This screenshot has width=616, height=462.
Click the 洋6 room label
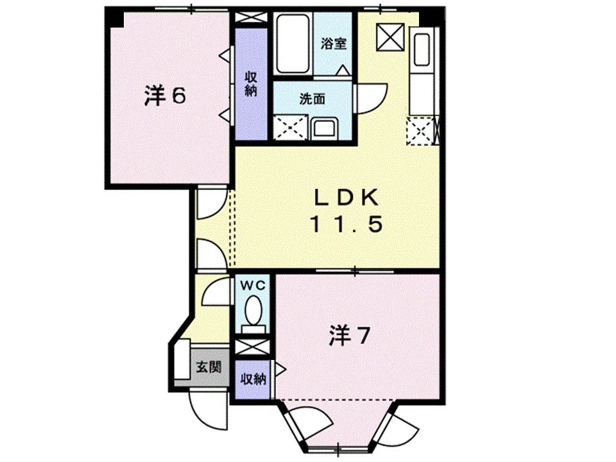click(165, 96)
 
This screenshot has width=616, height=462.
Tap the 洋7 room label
click(349, 335)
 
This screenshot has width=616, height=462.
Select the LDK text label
click(346, 198)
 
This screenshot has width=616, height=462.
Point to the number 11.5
click(346, 225)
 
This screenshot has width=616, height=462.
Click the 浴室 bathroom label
click(334, 43)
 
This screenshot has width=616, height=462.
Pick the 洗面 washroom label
click(312, 99)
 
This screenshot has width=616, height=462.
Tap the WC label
click(253, 286)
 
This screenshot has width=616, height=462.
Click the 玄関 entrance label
click(209, 367)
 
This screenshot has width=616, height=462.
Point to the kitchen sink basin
click(422, 50)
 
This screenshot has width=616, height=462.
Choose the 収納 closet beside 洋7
click(253, 379)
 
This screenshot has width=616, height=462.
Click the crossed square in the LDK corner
click(390, 37)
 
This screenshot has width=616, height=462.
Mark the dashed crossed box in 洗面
click(290, 127)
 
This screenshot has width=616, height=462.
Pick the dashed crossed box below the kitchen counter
click(420, 130)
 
